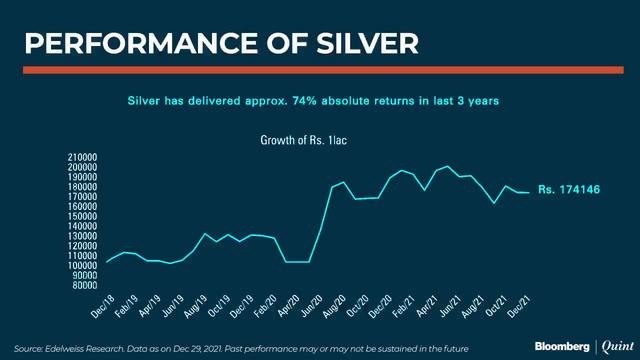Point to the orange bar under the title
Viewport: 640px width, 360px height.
tap(320, 68)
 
